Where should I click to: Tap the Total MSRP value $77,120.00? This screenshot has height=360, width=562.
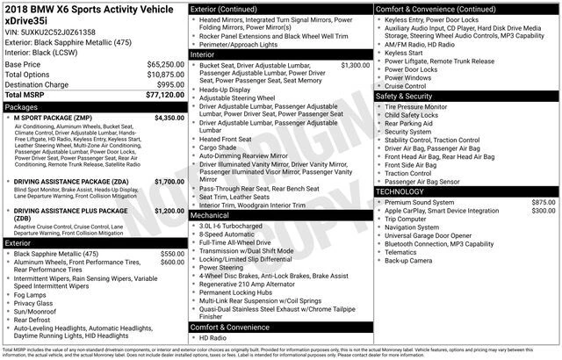point(164,94)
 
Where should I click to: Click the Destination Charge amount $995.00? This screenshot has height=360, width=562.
point(169,84)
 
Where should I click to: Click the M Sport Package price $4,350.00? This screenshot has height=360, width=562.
point(169,117)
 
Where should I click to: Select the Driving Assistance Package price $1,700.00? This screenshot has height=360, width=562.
point(169,181)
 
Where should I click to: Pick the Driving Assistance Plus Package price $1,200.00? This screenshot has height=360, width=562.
point(169,212)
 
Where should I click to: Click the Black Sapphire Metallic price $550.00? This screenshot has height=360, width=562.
point(172,254)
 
